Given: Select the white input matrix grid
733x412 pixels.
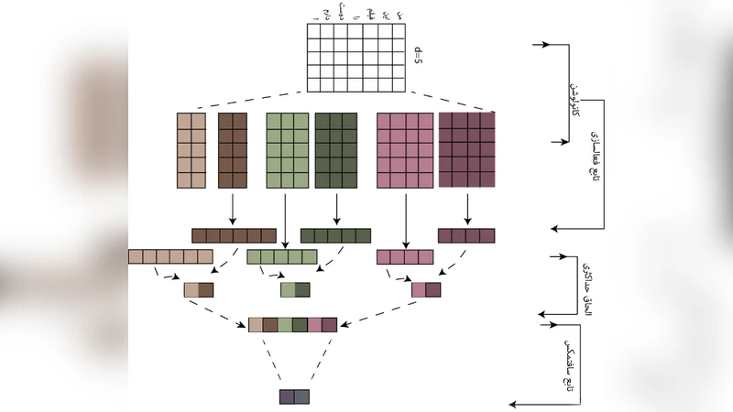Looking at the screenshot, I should pyautogui.click(x=356, y=58).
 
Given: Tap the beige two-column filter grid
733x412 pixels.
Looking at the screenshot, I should pyautogui.click(x=191, y=149).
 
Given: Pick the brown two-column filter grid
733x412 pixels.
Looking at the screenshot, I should pyautogui.click(x=233, y=149).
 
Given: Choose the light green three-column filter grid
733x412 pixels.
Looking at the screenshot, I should pyautogui.click(x=288, y=149).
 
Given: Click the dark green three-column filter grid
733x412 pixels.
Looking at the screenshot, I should pyautogui.click(x=335, y=149).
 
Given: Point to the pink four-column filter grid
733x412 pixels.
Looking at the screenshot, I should pyautogui.click(x=404, y=149).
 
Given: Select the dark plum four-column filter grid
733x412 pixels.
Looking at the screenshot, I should pyautogui.click(x=466, y=149).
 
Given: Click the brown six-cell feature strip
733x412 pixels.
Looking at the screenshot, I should pyautogui.click(x=234, y=235).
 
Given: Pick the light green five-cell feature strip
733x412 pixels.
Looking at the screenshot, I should pyautogui.click(x=282, y=256).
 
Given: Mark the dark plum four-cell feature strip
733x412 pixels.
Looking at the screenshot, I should pyautogui.click(x=467, y=235).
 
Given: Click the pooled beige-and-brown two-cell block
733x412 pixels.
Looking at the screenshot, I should pyautogui.click(x=199, y=290).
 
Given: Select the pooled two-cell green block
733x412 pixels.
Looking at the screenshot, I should pyautogui.click(x=295, y=290).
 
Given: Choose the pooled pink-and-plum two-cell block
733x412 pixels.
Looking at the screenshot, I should pyautogui.click(x=426, y=290).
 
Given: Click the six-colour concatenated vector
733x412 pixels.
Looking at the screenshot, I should pyautogui.click(x=293, y=324).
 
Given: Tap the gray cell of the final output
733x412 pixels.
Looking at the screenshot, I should pyautogui.click(x=302, y=396).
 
